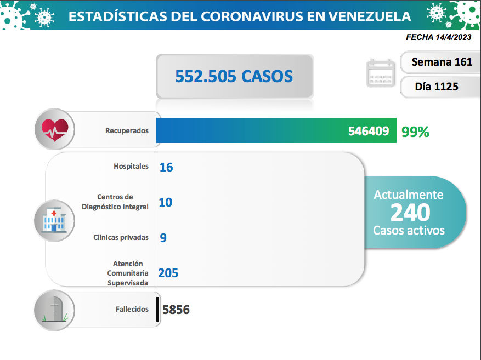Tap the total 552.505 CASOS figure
coord(234,76)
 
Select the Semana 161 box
coord(442,62)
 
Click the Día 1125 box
coord(437,87)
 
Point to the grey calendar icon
coord(381,73)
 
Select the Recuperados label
coord(127,131)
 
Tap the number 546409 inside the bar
coord(369,132)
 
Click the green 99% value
coord(415,132)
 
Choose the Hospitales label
coord(131,166)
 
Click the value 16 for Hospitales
coord(166,167)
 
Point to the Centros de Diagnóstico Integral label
coord(115,202)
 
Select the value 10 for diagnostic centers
coord(165,202)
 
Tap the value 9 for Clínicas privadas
coord(163,238)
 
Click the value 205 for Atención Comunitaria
coord(168,273)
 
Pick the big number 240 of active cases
coord(410,212)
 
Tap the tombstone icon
coord(54,310)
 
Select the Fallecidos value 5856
coord(176,310)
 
